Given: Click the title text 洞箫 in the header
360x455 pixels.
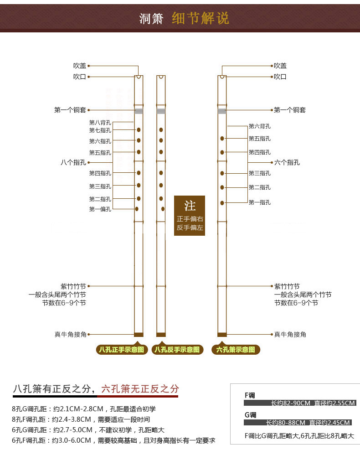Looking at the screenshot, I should (x=151, y=19).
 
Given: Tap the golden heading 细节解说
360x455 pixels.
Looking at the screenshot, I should (x=201, y=18).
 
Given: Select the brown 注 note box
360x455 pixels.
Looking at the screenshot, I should (x=190, y=216).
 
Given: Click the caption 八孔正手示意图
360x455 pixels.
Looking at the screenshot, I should (x=122, y=350).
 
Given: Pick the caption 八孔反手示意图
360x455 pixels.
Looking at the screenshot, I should (x=177, y=350).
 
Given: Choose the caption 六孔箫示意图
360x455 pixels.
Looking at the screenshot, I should (x=236, y=350).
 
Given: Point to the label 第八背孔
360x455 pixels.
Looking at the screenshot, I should (x=100, y=122).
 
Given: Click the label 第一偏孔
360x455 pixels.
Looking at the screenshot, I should (x=100, y=209).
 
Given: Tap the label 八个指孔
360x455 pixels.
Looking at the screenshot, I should (x=73, y=162).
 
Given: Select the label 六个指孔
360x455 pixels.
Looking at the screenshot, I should (x=287, y=162).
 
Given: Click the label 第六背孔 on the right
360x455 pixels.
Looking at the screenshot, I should (x=259, y=126).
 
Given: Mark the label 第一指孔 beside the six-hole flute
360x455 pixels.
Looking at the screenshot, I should (x=259, y=202).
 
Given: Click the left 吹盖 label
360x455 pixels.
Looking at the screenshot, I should (x=80, y=66).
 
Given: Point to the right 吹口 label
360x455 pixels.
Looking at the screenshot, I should (x=280, y=77).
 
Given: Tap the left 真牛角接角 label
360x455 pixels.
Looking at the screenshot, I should (x=70, y=334).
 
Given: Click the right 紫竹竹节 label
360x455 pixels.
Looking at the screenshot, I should (x=287, y=286).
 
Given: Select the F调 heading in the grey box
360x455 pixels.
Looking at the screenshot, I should (x=250, y=395).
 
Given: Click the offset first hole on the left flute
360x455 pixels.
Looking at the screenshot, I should (x=137, y=209).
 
